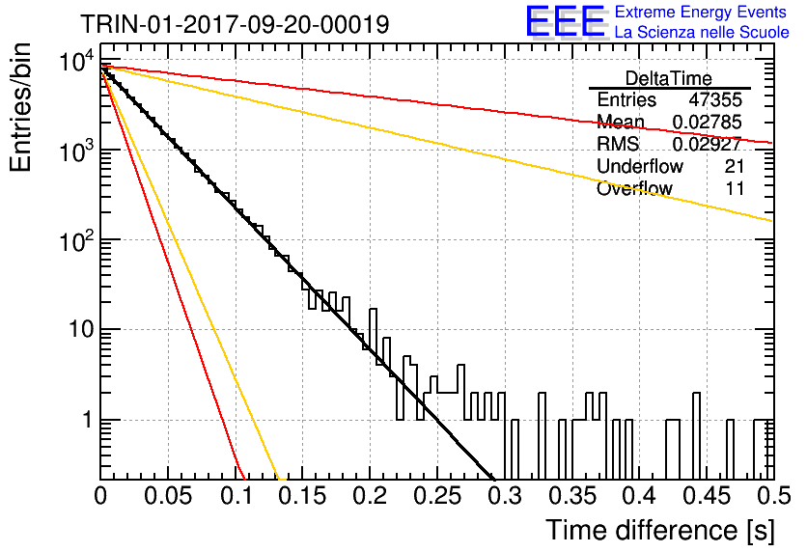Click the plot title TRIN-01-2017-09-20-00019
pyautogui.click(x=235, y=24)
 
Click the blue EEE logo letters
pyautogui.click(x=566, y=21)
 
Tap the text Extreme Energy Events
pyautogui.click(x=701, y=12)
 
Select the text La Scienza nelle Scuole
pyautogui.click(x=702, y=32)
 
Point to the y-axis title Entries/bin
pyautogui.click(x=20, y=107)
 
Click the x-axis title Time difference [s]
pyautogui.click(x=660, y=530)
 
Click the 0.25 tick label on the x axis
pyautogui.click(x=437, y=496)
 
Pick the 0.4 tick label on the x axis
pyautogui.click(x=640, y=496)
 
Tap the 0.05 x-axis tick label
pyautogui.click(x=168, y=496)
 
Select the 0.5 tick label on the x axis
pyautogui.click(x=772, y=496)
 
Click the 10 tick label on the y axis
pyautogui.click(x=82, y=329)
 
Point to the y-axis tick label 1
pyautogui.click(x=88, y=420)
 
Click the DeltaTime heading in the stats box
pyautogui.click(x=669, y=78)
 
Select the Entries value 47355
pyautogui.click(x=715, y=99)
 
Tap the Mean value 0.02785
pyautogui.click(x=708, y=122)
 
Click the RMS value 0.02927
pyautogui.click(x=708, y=144)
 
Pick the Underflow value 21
pyautogui.click(x=735, y=166)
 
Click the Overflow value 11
pyautogui.click(x=735, y=188)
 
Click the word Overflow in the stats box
pyautogui.click(x=634, y=188)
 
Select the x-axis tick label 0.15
pyautogui.click(x=303, y=496)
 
